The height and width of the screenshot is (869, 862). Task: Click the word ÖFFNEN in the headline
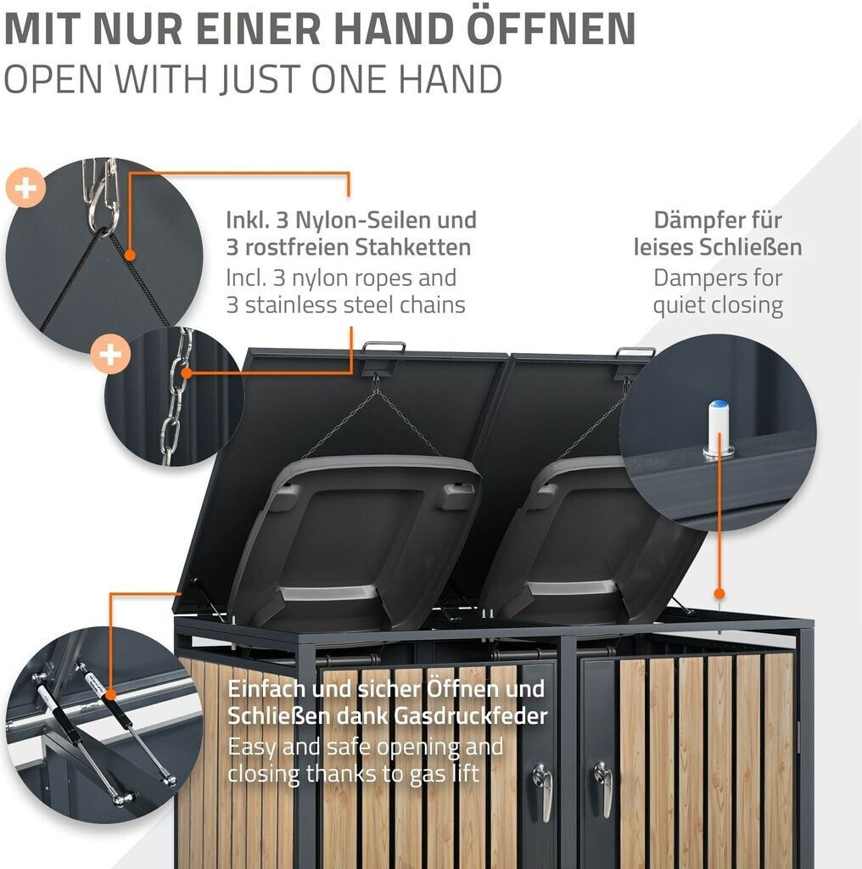coord(551,30)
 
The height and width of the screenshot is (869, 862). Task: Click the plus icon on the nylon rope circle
coord(25,188)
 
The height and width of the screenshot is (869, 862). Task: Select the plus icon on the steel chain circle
coord(111,354)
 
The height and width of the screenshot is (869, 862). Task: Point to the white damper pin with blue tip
coord(719,428)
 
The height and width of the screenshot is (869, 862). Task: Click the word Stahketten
coord(413,247)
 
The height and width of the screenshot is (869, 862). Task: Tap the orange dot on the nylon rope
coord(130,255)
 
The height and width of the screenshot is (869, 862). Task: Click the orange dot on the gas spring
coord(111,694)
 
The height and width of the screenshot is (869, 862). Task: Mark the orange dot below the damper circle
coord(719,594)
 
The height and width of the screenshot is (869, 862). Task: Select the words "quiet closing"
coord(718,306)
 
